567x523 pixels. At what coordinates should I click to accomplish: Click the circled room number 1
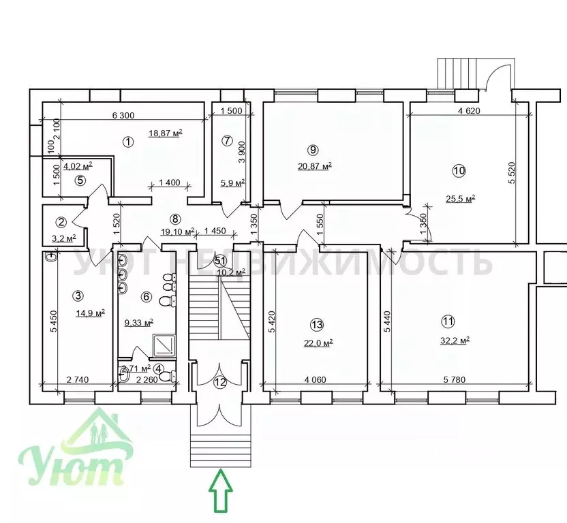pyautogui.click(x=127, y=142)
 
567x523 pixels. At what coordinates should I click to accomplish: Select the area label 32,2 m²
pyautogui.click(x=455, y=341)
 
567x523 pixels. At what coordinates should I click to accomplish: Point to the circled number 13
pyautogui.click(x=316, y=324)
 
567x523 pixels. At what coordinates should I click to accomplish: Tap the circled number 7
pyautogui.click(x=228, y=142)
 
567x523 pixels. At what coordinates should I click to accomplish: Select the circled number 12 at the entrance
pyautogui.click(x=219, y=382)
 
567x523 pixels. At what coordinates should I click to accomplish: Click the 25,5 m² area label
pyautogui.click(x=460, y=199)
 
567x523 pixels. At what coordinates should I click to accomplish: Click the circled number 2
pyautogui.click(x=61, y=221)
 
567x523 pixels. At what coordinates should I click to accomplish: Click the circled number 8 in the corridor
pyautogui.click(x=175, y=219)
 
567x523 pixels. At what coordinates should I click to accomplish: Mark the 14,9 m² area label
pyautogui.click(x=89, y=313)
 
